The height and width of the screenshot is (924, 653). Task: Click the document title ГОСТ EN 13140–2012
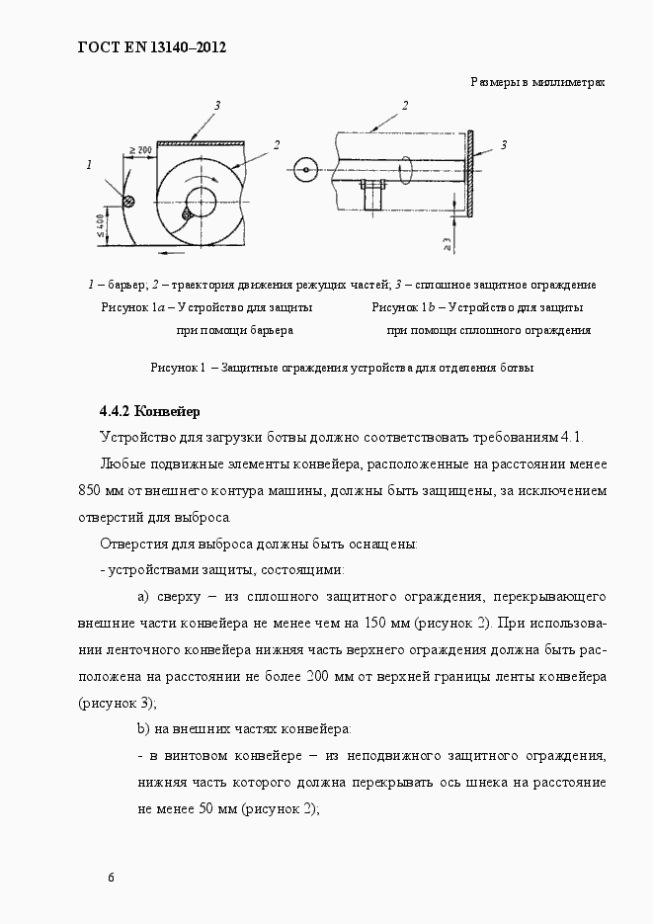click(152, 46)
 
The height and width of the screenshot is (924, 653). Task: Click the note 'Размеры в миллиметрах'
click(536, 82)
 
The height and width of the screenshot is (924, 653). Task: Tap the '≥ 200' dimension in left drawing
click(139, 150)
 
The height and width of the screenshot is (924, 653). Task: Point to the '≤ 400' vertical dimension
click(102, 226)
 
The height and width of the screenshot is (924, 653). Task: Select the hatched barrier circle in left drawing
click(127, 202)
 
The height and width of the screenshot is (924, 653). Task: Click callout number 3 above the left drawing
click(216, 106)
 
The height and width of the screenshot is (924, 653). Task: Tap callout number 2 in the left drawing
click(277, 145)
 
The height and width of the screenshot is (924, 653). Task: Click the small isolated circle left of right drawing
click(306, 170)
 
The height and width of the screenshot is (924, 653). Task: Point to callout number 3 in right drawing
click(503, 145)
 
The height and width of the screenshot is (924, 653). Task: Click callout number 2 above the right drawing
click(405, 105)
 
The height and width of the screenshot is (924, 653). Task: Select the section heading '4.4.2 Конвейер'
click(149, 411)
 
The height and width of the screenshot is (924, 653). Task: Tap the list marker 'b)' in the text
click(142, 729)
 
